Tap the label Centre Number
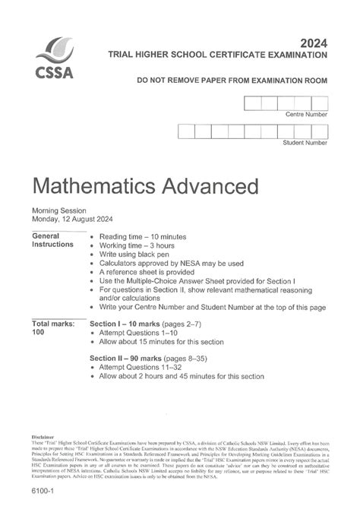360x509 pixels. (306, 114)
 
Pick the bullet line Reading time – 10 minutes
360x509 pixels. (144, 236)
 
